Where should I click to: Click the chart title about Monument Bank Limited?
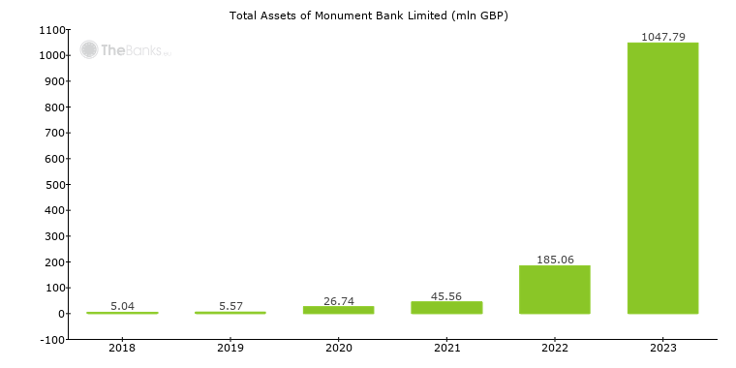tap(368, 15)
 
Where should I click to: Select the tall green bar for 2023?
tap(662, 178)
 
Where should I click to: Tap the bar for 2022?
tap(554, 290)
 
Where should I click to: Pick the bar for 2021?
tap(446, 308)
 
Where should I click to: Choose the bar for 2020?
tap(338, 310)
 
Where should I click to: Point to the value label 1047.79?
tap(662, 37)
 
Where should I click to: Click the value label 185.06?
tap(554, 260)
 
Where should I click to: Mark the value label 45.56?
tap(446, 295)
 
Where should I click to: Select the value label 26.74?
tap(338, 300)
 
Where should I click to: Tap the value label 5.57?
tap(230, 306)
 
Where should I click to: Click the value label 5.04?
tap(122, 306)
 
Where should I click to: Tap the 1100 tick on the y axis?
tap(51, 30)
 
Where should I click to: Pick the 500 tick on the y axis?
tap(54, 184)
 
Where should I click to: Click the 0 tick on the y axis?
tap(61, 314)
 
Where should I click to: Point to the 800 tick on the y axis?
tap(54, 107)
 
